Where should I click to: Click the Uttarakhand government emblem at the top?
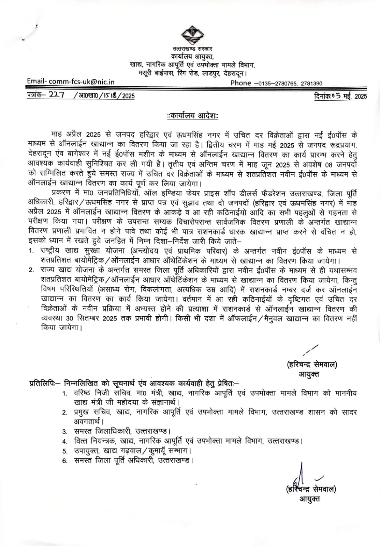192,35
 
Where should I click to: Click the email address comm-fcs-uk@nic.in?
82,82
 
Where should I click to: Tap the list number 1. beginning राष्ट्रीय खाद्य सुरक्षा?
31,251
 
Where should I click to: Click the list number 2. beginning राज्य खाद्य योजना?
31,271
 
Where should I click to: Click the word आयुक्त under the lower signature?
310,499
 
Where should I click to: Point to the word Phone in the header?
240,83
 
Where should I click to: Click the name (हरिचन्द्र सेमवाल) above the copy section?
312,365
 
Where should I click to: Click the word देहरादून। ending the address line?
235,73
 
